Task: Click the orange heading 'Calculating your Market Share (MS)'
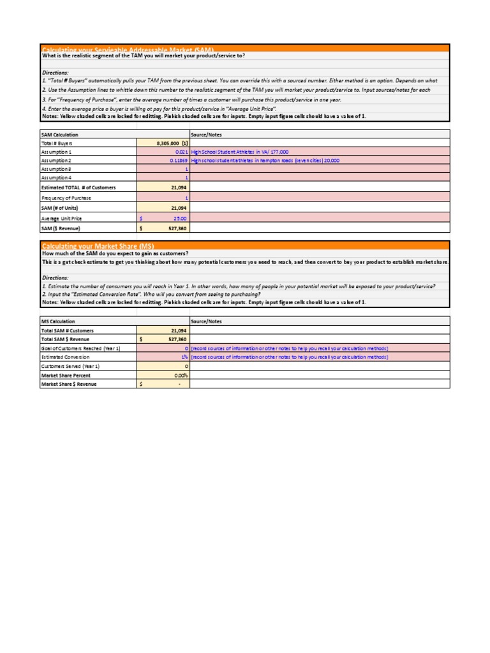(98, 246)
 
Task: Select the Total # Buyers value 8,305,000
(167, 144)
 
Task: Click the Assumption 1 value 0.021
(180, 152)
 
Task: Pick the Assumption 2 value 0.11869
(176, 161)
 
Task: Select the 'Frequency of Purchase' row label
(66, 198)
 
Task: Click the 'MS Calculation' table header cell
(58, 321)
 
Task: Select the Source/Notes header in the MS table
(206, 321)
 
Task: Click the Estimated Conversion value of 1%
(184, 357)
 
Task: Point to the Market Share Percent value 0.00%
(178, 376)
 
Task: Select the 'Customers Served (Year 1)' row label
(70, 367)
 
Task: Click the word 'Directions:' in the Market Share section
(56, 278)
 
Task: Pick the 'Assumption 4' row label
(57, 179)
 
